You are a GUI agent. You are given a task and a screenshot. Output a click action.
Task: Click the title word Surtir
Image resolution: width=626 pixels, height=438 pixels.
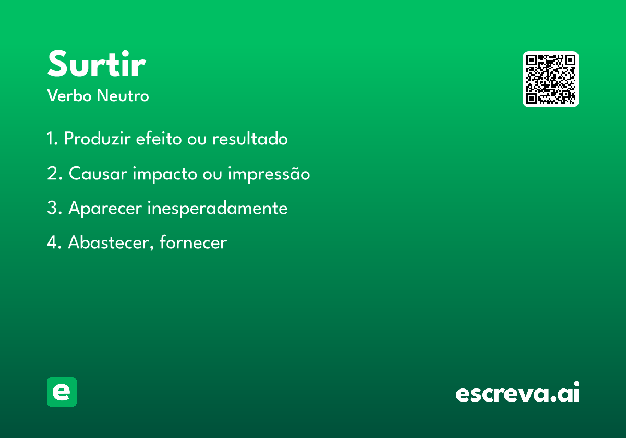(x=97, y=63)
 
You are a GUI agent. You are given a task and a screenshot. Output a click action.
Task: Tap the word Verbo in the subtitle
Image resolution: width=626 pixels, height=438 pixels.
(x=69, y=95)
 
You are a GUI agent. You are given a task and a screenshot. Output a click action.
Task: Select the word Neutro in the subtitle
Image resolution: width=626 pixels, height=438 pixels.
(x=123, y=95)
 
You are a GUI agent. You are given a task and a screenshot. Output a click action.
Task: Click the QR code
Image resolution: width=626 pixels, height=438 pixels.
(x=550, y=79)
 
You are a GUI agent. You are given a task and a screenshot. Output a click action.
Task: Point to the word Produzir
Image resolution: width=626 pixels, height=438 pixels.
(x=97, y=138)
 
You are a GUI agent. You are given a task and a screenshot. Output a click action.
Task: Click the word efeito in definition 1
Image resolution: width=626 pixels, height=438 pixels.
(x=159, y=138)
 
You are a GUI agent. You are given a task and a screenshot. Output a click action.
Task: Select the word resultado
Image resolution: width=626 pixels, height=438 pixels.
(x=250, y=138)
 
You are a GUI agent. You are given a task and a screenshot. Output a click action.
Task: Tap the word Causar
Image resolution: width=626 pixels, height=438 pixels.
(x=98, y=174)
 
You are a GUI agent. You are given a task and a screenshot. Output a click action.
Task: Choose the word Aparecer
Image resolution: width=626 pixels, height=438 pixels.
(x=105, y=209)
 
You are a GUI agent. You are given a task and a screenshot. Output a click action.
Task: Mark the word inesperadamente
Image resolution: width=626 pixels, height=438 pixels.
(x=218, y=209)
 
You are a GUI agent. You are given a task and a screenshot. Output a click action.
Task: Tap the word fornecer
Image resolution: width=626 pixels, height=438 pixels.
(x=193, y=242)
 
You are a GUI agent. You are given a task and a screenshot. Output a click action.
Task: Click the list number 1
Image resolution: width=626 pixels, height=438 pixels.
(x=52, y=138)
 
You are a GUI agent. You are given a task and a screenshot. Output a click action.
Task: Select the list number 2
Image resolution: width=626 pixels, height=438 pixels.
(x=54, y=173)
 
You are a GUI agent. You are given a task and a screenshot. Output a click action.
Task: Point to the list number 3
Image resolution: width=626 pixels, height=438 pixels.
(x=54, y=208)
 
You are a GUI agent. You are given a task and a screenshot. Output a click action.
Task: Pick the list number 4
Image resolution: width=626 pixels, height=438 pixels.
(x=54, y=242)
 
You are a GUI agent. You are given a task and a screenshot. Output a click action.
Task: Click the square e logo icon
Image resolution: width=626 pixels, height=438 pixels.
(x=62, y=392)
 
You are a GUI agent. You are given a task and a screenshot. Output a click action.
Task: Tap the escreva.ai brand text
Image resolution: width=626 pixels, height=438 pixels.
(x=517, y=392)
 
